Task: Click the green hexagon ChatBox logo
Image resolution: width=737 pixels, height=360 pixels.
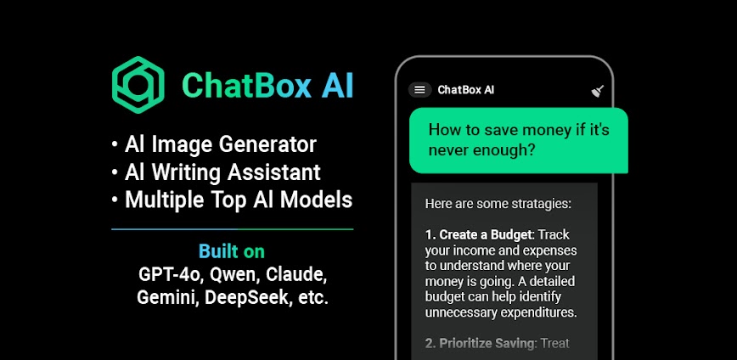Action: point(138,85)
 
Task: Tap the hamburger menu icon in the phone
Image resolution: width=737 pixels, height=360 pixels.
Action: point(419,90)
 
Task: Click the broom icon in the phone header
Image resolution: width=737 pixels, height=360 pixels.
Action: point(597,91)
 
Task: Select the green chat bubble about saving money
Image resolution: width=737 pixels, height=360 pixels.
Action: point(519,140)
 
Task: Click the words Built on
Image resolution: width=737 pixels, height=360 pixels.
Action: point(232,251)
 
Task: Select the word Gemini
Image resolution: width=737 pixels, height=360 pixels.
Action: point(166,299)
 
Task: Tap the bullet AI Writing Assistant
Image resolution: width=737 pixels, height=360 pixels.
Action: point(222,172)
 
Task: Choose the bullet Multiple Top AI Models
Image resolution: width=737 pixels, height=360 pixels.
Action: point(238,200)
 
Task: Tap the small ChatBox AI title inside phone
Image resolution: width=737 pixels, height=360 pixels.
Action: point(466,90)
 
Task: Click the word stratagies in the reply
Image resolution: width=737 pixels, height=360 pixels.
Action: point(536,204)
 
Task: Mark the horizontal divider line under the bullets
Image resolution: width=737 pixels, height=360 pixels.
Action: point(232,229)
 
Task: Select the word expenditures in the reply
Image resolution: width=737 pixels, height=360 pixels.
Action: point(534,312)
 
